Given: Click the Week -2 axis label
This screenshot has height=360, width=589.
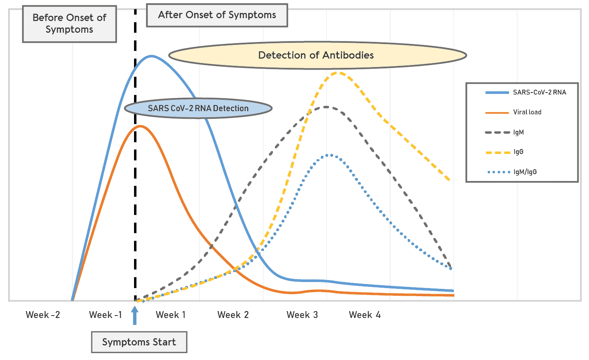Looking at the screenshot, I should pos(43,315).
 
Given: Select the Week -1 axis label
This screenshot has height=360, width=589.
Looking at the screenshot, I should pos(105,315).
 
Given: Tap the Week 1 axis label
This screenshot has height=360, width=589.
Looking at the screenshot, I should pos(171,315).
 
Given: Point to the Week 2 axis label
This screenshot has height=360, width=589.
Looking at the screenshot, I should pos(233,315).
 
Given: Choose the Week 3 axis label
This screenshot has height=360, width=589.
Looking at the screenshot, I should pos(302,315).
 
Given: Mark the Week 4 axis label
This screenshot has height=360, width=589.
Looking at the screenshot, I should pos(365,315).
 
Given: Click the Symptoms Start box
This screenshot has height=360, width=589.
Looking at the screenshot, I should pos(139,342).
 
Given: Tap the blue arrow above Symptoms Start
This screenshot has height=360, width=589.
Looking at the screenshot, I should pos(135,316).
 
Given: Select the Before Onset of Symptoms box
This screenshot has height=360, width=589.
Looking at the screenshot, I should pos(69,24).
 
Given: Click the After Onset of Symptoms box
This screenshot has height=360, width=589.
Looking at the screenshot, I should pos(217,15).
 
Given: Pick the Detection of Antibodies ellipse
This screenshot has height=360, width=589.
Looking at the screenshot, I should pos(317,55).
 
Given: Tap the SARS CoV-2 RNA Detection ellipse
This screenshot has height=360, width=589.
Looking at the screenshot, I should pos(198,108).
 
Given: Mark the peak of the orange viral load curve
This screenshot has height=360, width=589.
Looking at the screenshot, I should pos(140,126).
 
